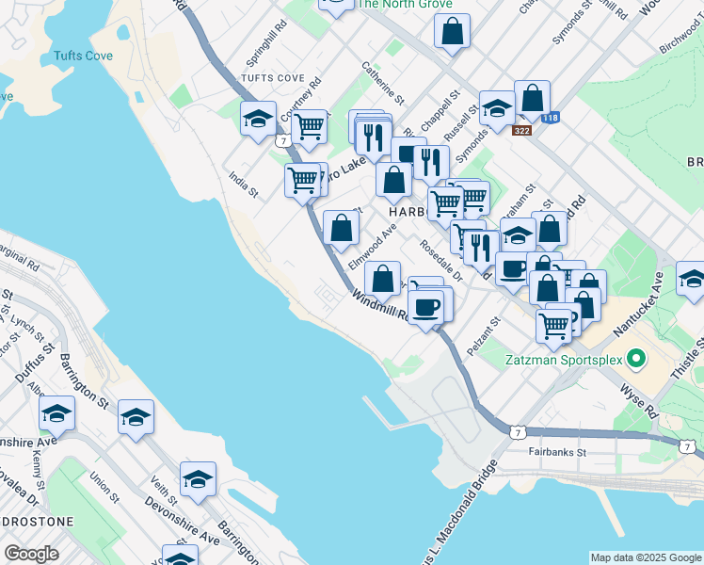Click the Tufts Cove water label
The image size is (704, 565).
tap(84, 56)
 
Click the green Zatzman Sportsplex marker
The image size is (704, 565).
tap(636, 359)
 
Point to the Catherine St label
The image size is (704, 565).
tap(382, 84)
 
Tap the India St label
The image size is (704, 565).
tap(243, 183)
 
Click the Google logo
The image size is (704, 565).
tap(31, 554)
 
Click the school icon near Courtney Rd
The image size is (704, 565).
tap(258, 119)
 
